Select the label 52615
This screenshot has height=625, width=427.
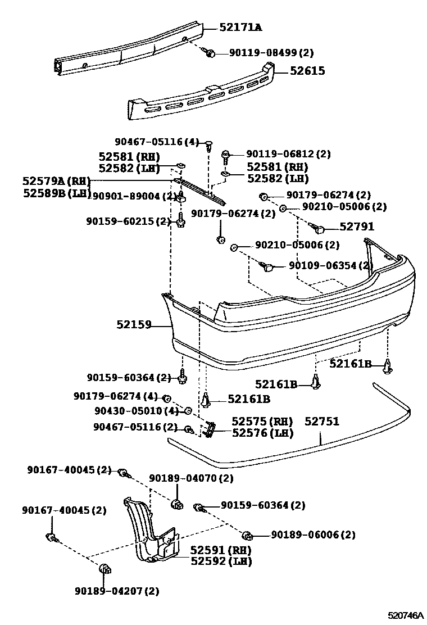(x=307, y=71)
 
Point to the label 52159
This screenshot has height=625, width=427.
(x=134, y=324)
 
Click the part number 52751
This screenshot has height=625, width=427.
(x=322, y=421)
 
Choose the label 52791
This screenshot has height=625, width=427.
(x=357, y=227)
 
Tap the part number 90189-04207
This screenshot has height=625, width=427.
(x=116, y=591)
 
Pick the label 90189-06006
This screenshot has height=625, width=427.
(x=313, y=535)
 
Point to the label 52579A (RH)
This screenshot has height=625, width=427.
(x=56, y=182)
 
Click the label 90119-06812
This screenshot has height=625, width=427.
(x=288, y=153)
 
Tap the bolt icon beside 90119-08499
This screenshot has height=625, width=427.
(x=210, y=53)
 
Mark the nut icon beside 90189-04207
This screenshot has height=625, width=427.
(x=105, y=570)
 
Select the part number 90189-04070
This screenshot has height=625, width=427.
(x=191, y=478)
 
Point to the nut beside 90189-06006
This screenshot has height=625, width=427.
(x=247, y=535)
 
